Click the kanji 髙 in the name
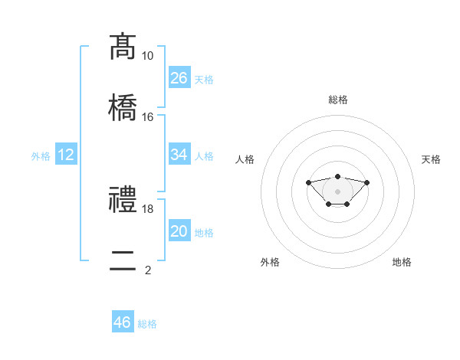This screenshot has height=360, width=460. [123, 47]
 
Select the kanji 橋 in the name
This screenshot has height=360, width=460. [123, 107]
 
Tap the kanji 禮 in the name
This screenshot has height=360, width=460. [123, 199]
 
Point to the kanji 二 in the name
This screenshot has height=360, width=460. [123, 260]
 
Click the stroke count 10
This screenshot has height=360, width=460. [147, 56]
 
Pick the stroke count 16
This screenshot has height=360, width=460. [147, 117]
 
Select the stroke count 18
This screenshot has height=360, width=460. [147, 209]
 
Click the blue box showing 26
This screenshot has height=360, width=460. [179, 77]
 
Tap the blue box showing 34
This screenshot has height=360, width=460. [179, 154]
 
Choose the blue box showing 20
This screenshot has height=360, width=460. [179, 230]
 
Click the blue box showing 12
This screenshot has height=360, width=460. [66, 154]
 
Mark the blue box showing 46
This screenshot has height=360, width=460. [123, 321]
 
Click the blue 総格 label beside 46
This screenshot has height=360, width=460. [147, 324]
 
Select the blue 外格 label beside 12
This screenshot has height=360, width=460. [41, 156]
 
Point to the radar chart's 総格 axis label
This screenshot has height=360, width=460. [338, 100]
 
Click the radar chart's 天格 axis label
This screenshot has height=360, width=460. [431, 159]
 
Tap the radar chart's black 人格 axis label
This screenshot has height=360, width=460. [245, 159]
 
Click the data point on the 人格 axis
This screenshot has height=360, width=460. [308, 182]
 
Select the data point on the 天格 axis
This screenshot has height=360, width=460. [366, 182]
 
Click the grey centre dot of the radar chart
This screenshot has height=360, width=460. [337, 191]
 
